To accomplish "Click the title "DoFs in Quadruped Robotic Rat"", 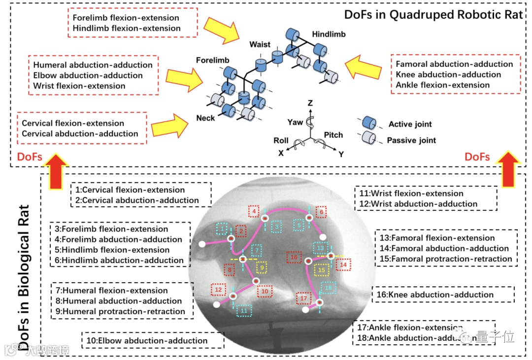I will pyautogui.click(x=433, y=14).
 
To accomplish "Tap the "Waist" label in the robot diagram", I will pyautogui.click(x=260, y=45).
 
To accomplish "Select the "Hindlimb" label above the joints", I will pyautogui.click(x=329, y=34).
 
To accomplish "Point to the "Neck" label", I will pyautogui.click(x=205, y=118).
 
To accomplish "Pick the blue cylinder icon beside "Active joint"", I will pyautogui.click(x=369, y=123).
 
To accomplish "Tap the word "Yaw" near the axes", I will pyautogui.click(x=296, y=122).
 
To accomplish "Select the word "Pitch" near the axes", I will pyautogui.click(x=333, y=135).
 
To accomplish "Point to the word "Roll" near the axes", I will pyautogui.click(x=281, y=140).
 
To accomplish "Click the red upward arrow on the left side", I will pyautogui.click(x=58, y=171).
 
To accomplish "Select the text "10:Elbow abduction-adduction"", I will pyautogui.click(x=146, y=340).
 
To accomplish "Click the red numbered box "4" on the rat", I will pyautogui.click(x=253, y=212).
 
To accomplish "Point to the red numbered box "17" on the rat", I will pyautogui.click(x=303, y=298).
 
